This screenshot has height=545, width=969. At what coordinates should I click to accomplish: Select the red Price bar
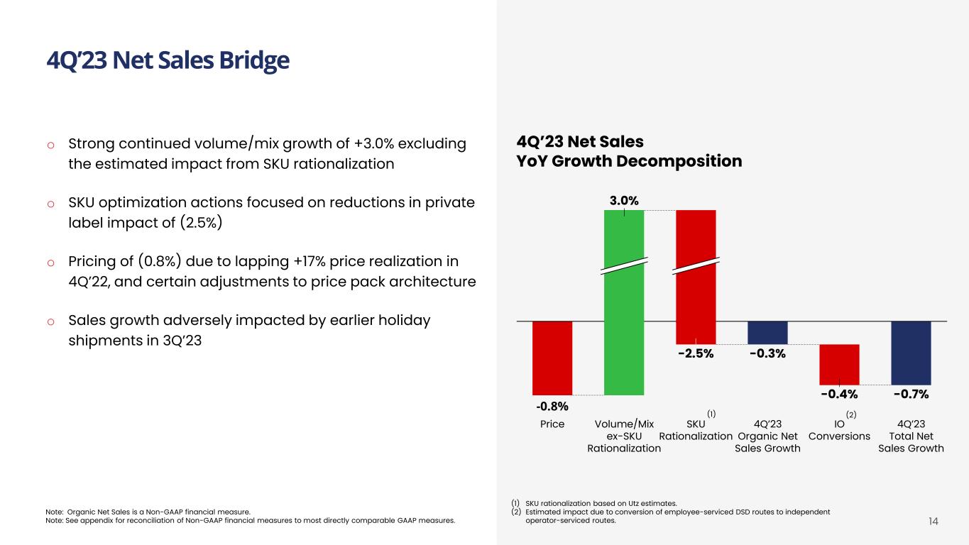552,357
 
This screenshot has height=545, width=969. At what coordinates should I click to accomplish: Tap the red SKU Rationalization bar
696,298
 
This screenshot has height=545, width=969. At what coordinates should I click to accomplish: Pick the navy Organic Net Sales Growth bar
767,333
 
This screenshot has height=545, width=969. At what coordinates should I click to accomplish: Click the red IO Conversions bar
839,364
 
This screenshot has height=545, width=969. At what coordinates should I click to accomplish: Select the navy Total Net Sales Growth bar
911,353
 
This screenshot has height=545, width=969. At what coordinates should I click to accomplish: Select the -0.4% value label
839,394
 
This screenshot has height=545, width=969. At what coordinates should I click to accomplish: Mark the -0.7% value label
911,394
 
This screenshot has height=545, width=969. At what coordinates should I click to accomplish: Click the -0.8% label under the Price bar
552,407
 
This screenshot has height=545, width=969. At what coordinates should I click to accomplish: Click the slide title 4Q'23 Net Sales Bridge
168,61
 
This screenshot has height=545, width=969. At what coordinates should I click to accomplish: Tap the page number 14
934,522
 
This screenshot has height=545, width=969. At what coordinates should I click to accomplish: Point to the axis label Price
552,424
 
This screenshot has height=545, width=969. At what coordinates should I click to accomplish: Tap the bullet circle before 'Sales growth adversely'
50,321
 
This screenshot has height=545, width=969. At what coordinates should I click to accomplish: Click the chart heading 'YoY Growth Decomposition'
629,162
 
